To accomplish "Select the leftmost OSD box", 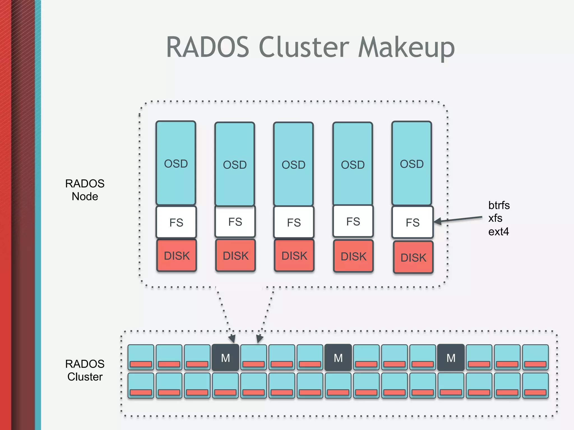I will coord(176,163).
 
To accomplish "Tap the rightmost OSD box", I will coord(411,163).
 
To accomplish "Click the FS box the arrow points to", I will coord(412,222).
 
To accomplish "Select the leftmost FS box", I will coord(176,222).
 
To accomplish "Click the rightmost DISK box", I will coord(413,257).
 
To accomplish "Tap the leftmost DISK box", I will coord(177,255).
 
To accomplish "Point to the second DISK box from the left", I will coord(235,255).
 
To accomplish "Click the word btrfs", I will coord(499,205).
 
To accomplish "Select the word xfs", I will coord(495,218).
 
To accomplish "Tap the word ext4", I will coord(498,232).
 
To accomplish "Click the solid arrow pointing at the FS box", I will coord(460,219).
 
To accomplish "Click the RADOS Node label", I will coord(85,190).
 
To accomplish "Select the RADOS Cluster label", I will coord(85,370).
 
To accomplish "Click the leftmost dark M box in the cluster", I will coord(225,357).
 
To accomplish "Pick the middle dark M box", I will coord(338,357).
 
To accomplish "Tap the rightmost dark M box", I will coord(451,357).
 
